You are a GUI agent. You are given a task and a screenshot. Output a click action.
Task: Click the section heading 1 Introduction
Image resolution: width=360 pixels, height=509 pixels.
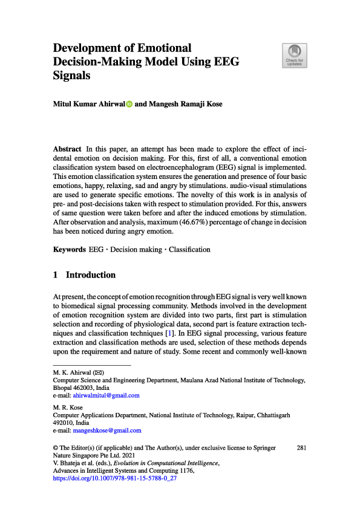click(x=85, y=275)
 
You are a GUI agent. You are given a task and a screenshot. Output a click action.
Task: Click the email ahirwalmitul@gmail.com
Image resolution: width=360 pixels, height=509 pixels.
click(x=106, y=395)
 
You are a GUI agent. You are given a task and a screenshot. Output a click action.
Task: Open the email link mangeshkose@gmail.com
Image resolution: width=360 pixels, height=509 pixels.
click(x=107, y=430)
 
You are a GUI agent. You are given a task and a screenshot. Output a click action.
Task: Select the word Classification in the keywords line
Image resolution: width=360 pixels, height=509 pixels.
click(x=189, y=249)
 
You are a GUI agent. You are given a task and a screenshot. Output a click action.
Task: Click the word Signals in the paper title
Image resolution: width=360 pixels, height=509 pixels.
click(x=72, y=76)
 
